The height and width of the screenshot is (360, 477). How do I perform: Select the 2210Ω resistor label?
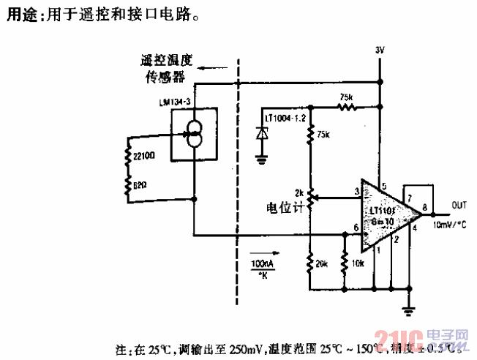click(x=144, y=155)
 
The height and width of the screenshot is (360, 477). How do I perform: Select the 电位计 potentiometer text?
click(x=285, y=206)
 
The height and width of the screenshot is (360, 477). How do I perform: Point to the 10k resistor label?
click(x=358, y=262)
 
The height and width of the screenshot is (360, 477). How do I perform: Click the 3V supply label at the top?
click(x=379, y=50)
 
